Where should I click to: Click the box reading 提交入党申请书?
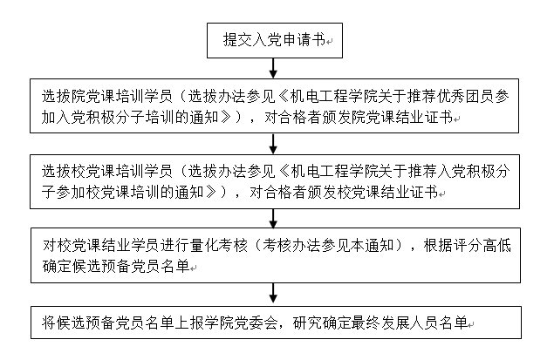tap(274, 38)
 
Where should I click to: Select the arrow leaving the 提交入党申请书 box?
tap(274, 67)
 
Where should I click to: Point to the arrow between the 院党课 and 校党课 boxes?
tap(274, 143)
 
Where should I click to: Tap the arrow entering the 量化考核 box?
tap(274, 219)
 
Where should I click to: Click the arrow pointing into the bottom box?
tap(274, 294)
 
